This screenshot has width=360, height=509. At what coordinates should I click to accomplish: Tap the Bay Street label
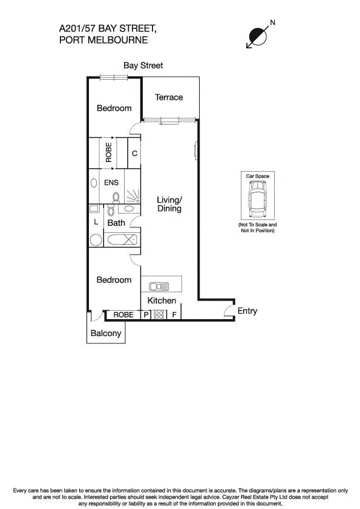143,65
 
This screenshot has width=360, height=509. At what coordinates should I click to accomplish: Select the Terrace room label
169,97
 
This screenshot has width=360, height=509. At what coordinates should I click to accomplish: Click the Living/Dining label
169,204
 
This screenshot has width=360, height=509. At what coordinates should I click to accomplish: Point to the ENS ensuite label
111,182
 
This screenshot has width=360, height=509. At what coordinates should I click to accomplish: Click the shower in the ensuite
131,195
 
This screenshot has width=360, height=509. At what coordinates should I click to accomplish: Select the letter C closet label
134,154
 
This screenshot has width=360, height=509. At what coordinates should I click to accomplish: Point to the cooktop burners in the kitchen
159,315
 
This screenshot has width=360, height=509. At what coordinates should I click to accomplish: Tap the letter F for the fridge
174,315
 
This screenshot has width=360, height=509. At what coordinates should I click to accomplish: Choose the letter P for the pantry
146,315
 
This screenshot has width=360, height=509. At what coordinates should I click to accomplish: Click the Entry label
247,311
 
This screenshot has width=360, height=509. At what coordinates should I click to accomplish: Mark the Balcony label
106,333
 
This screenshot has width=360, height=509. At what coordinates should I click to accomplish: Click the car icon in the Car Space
257,201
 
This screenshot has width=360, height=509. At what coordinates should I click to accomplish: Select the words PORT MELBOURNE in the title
103,41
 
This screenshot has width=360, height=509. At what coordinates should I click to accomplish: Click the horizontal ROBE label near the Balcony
123,315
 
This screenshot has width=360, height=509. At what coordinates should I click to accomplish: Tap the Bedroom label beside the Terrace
114,108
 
